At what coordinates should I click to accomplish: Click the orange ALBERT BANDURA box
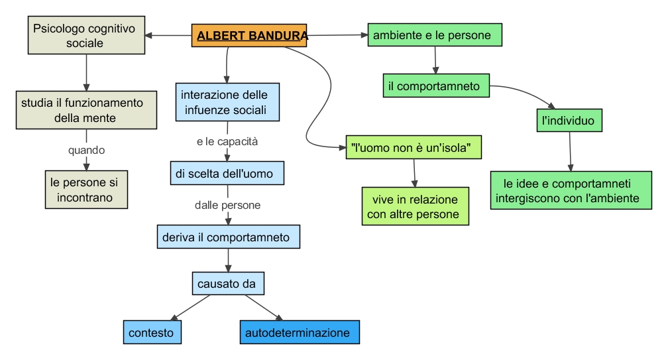click(x=250, y=35)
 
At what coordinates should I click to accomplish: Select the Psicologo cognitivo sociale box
click(x=86, y=35)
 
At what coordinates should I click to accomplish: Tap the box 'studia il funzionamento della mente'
click(x=86, y=110)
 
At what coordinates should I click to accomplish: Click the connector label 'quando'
click(x=86, y=150)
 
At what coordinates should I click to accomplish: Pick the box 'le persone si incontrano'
click(x=86, y=189)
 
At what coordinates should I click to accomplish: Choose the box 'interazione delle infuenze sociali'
click(x=227, y=102)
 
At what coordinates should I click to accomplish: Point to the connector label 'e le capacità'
click(x=227, y=141)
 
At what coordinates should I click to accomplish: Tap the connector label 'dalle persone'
click(x=227, y=205)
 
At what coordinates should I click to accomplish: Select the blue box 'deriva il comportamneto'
click(x=228, y=237)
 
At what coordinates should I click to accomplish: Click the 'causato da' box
click(x=228, y=284)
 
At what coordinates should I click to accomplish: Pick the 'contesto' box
click(x=152, y=332)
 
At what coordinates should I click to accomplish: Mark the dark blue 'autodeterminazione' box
click(x=299, y=332)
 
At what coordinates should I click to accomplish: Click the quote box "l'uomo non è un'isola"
click(x=414, y=147)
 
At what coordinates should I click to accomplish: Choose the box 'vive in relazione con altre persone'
click(x=416, y=206)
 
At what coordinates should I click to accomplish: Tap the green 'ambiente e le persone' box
click(x=435, y=35)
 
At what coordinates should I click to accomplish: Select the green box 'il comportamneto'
click(x=436, y=86)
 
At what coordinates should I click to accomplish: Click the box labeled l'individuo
click(x=569, y=121)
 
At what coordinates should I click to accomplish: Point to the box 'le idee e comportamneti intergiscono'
click(x=571, y=190)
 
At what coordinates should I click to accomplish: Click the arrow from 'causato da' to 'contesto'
click(x=191, y=306)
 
